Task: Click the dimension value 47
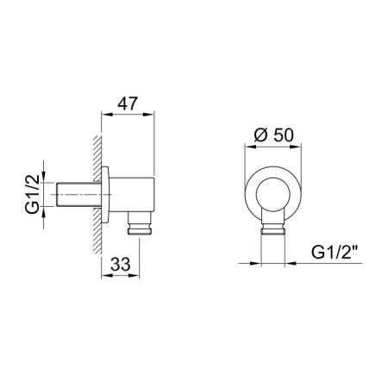click(128, 103)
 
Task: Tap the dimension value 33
click(121, 264)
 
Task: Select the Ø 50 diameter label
click(274, 135)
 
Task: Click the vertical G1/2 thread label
click(32, 194)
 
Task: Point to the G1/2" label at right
click(335, 253)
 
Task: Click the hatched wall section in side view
click(97, 195)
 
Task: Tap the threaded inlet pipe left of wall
click(78, 194)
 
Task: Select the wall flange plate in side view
click(105, 195)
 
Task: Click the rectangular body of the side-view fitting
click(132, 195)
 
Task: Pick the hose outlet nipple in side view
click(140, 223)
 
